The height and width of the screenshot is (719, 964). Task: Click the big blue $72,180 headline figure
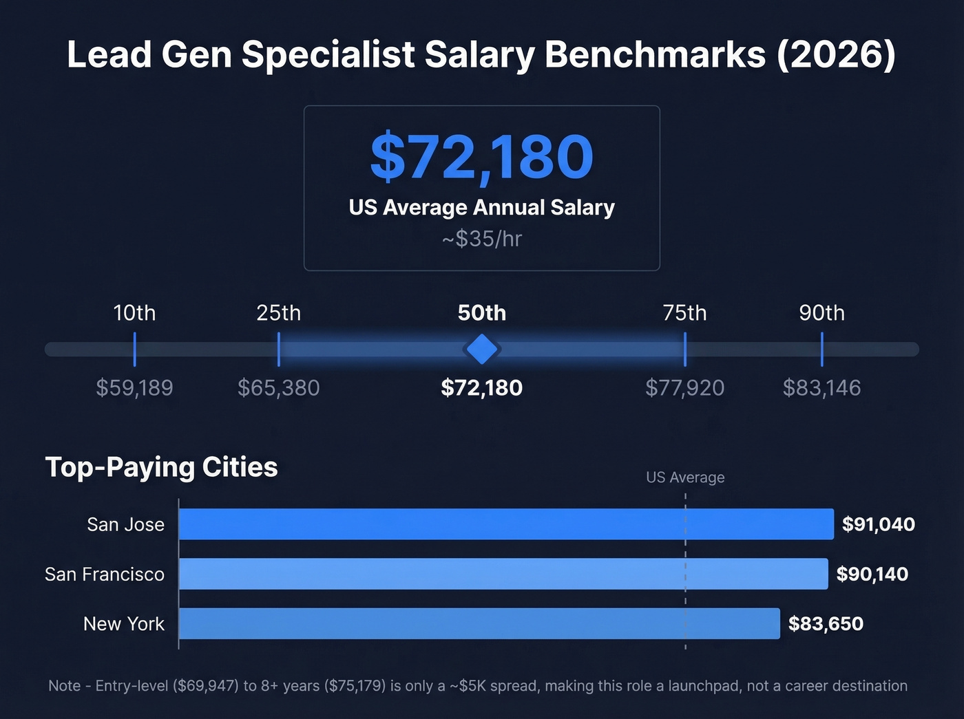481,158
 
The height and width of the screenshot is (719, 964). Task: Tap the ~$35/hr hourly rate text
481,239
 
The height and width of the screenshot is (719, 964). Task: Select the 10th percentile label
134,313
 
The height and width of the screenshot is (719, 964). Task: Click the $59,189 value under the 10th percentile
134,388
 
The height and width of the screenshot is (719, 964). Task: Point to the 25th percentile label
278,313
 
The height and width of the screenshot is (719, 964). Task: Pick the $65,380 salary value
278,388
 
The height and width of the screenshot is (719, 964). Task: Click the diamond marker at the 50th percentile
481,350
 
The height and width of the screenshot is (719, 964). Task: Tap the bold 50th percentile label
481,313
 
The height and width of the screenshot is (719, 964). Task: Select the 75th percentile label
684,313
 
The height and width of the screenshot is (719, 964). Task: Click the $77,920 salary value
684,388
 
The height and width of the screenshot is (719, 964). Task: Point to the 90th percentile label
821,313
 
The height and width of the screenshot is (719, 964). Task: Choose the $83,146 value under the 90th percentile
821,388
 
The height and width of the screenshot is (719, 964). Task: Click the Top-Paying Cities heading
161,467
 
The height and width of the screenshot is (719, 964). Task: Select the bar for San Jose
505,524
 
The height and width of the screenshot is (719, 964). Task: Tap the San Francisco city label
105,575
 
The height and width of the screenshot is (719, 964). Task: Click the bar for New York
479,623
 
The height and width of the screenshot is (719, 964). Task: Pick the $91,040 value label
878,524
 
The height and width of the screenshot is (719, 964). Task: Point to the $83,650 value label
825,624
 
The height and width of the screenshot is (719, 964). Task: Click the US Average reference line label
685,477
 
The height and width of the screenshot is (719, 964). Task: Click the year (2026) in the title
837,55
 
